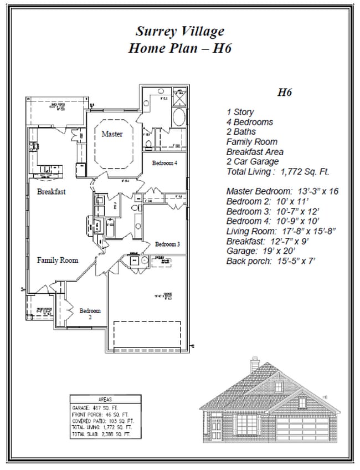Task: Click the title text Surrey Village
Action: point(179,31)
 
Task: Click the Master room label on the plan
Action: point(112,134)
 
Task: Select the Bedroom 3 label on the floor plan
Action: point(167,244)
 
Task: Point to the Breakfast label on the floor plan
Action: point(52,192)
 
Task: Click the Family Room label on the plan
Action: point(58,260)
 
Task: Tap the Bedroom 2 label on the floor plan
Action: point(90,314)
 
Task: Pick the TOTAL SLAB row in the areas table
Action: point(102,435)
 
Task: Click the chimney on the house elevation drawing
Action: point(254,365)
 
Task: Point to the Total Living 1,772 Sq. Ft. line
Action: point(274,171)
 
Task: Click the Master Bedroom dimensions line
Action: point(282,191)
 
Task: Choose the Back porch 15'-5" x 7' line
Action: point(270,261)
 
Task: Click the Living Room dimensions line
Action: point(280,231)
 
